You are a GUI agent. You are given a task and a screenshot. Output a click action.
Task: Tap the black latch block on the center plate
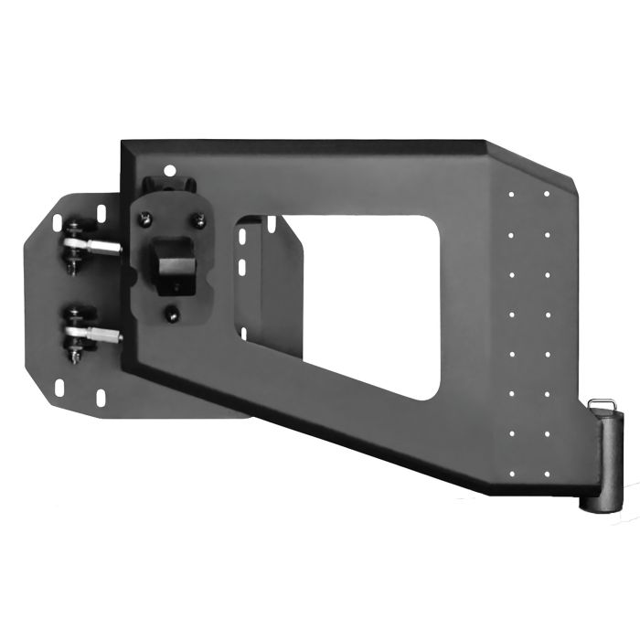pyautogui.click(x=174, y=260)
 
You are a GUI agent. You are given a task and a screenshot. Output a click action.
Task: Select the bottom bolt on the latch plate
pyautogui.click(x=172, y=314)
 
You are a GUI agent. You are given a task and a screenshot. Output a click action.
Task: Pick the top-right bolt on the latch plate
pyautogui.click(x=198, y=219)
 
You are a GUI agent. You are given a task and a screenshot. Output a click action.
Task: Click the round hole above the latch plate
pyautogui.click(x=167, y=169)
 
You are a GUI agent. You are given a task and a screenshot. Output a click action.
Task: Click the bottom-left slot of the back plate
pyautogui.click(x=59, y=389)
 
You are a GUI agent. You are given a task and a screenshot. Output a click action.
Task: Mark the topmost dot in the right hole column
pyautogui.click(x=547, y=193)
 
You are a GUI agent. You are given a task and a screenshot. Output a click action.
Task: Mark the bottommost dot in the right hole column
pyautogui.click(x=547, y=473)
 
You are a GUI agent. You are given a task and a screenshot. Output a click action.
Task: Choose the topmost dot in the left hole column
pyautogui.click(x=511, y=193)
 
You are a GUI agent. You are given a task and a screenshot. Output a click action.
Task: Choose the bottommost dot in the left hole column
pyautogui.click(x=511, y=473)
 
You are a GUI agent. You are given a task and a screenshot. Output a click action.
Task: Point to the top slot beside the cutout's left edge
pyautogui.click(x=244, y=236)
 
